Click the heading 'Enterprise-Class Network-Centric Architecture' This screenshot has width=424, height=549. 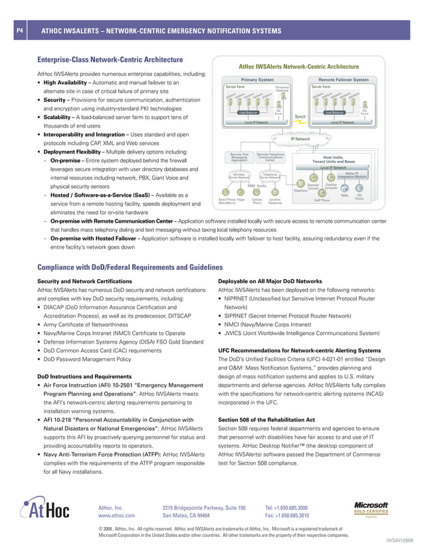click(x=110, y=59)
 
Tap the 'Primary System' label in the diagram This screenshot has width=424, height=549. click(x=257, y=80)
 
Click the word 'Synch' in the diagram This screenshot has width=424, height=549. click(x=300, y=116)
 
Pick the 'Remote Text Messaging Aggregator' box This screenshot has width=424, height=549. click(x=239, y=157)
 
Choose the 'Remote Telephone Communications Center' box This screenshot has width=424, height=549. click(x=270, y=157)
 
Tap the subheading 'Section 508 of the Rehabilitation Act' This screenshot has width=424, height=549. click(x=267, y=419)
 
